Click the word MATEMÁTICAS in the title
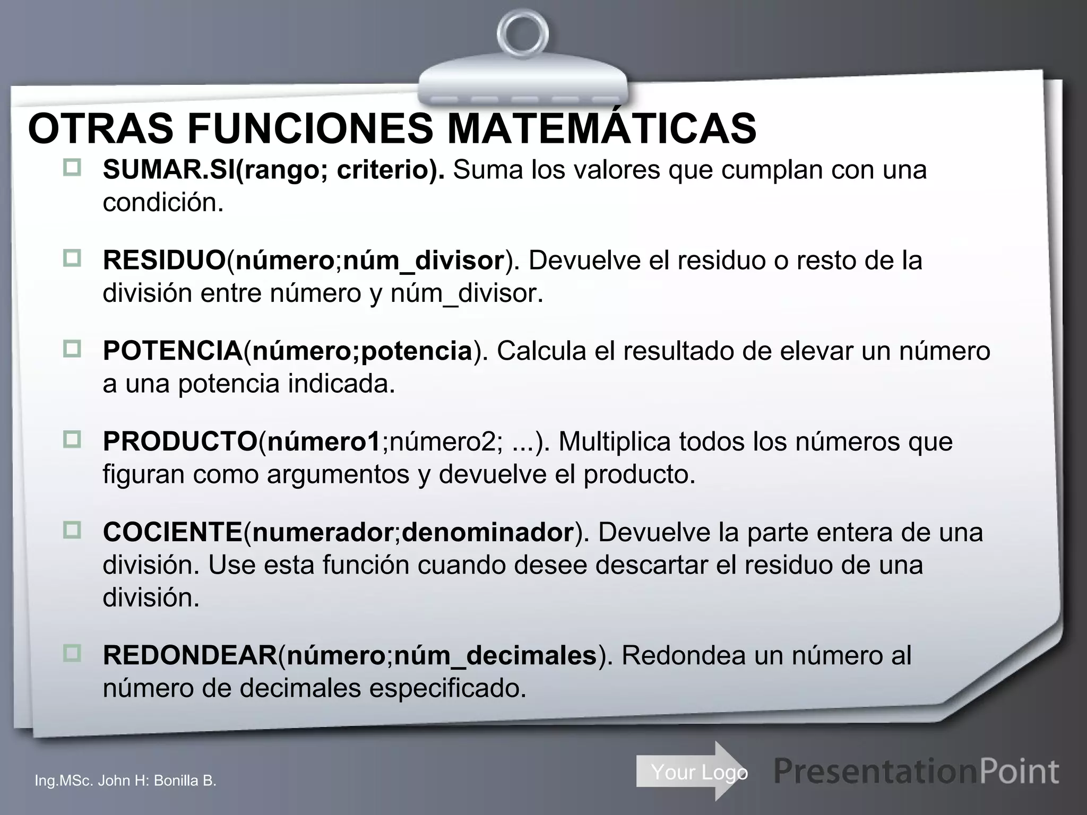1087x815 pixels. (602, 129)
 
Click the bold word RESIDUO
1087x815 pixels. (165, 261)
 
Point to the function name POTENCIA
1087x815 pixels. (172, 351)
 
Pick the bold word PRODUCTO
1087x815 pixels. (180, 441)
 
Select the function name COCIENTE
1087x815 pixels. (172, 532)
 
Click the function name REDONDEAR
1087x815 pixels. (190, 655)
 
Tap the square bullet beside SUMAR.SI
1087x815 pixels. (72, 168)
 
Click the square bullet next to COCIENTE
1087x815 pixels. (72, 530)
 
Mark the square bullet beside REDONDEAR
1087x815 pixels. (72, 653)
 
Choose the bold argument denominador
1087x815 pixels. (487, 532)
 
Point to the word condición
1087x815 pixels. (163, 203)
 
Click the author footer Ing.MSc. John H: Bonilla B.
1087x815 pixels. (125, 781)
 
